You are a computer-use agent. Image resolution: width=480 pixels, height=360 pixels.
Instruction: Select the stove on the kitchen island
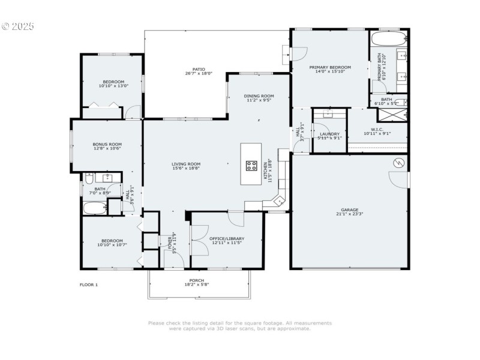(x=251, y=167)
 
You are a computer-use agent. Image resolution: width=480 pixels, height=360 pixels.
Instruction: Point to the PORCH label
(x=197, y=281)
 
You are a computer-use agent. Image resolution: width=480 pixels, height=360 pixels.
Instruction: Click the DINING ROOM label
(x=259, y=96)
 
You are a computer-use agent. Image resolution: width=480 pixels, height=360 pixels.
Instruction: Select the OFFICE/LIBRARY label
(x=227, y=238)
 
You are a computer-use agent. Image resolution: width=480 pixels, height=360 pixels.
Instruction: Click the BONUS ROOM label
(x=107, y=144)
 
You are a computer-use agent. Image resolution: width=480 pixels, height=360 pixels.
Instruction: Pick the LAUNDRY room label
(x=329, y=134)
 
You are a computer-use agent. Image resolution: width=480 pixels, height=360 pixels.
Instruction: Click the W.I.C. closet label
(x=377, y=129)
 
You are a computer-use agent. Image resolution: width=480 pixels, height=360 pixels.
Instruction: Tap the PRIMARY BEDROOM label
(x=330, y=67)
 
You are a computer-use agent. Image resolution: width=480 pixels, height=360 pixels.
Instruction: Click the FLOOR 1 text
(x=88, y=284)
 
